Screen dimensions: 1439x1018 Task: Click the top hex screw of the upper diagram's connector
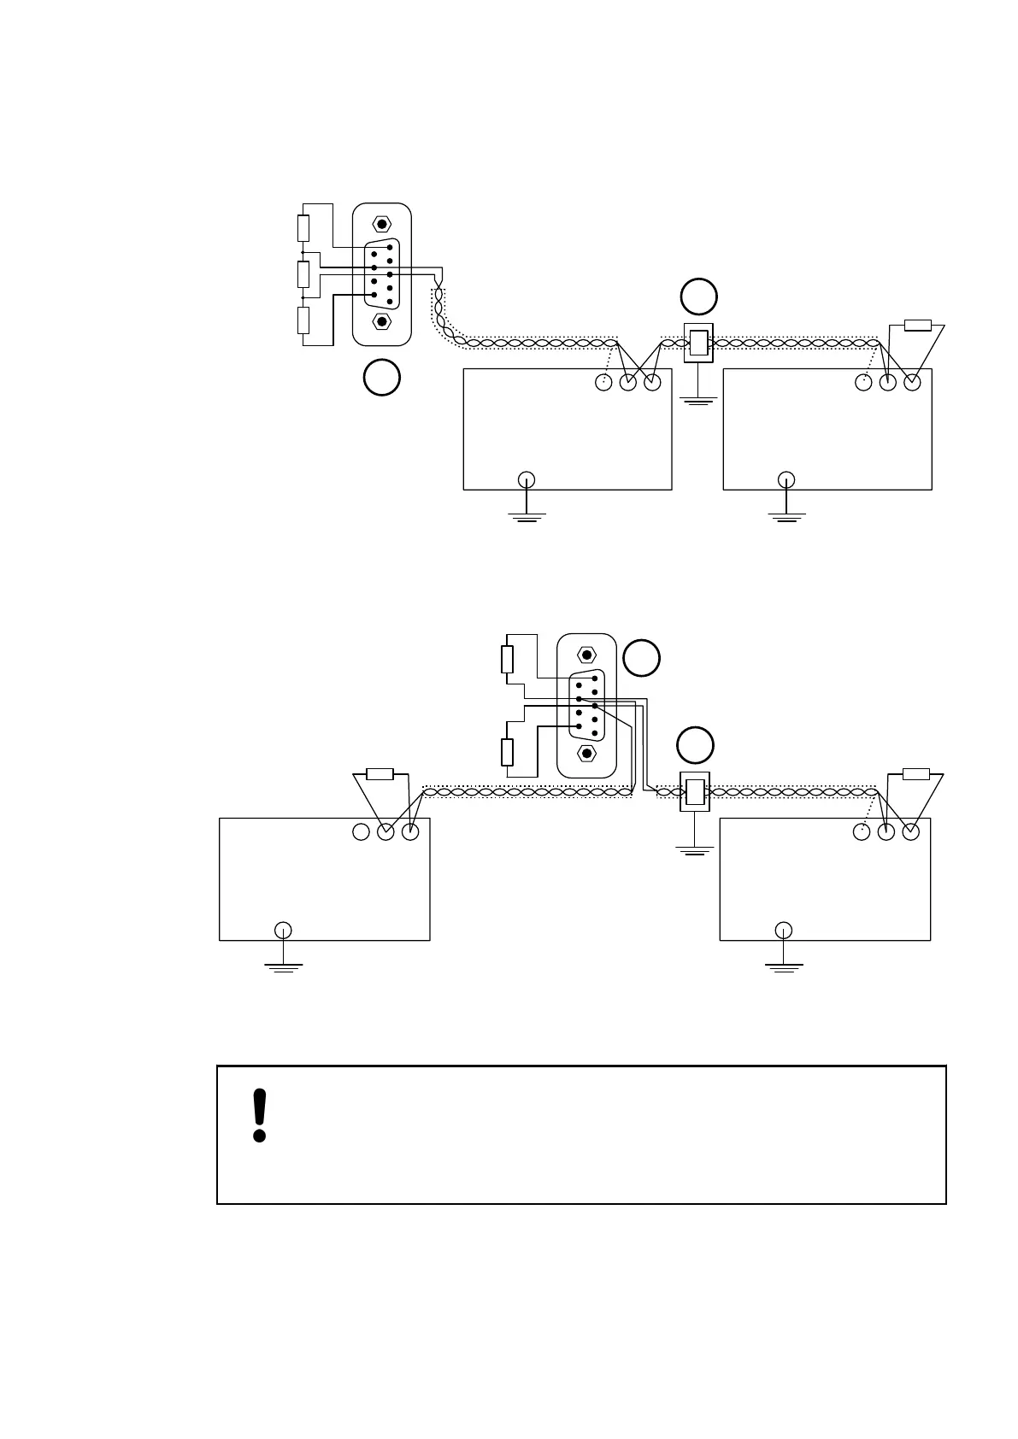tap(382, 224)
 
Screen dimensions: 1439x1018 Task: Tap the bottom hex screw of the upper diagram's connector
tap(382, 321)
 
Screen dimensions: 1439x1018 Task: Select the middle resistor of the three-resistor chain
tap(303, 274)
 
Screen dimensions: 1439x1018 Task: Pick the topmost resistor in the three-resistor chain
tap(303, 228)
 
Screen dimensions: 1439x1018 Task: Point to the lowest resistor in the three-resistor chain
tap(303, 320)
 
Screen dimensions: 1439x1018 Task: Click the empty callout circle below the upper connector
tap(381, 378)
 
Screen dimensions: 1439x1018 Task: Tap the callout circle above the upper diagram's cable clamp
tap(698, 296)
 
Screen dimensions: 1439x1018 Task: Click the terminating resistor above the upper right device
tap(917, 325)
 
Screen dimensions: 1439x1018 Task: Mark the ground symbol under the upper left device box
tap(527, 514)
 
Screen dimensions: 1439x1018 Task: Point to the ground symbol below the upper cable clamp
tap(698, 399)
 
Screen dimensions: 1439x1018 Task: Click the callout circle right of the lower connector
tap(641, 658)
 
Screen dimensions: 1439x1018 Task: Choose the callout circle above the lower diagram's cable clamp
tap(695, 745)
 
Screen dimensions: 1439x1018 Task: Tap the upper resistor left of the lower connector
tap(507, 659)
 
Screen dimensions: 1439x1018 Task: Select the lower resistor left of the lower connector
tap(507, 752)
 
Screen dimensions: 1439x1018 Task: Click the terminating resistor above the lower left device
tap(380, 774)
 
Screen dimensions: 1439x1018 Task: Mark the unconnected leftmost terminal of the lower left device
tap(361, 831)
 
